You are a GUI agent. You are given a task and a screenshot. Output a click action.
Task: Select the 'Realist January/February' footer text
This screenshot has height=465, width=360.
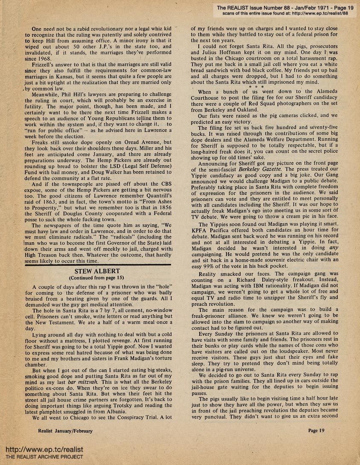pos(65,431)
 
